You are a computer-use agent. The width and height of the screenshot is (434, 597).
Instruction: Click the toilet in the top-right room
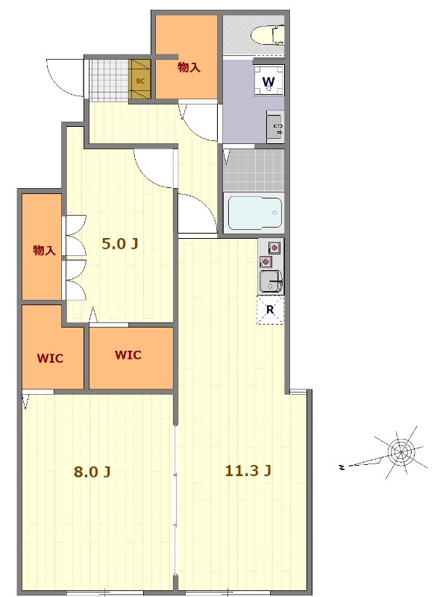coord(268,35)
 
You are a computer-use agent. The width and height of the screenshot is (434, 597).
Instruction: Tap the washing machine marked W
coord(269,81)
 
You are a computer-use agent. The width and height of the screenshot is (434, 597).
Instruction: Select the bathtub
coord(254,213)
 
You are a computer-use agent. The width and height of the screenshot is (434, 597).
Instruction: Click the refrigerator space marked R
coord(270,310)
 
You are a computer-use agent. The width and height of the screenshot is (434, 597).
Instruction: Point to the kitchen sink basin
coord(270,281)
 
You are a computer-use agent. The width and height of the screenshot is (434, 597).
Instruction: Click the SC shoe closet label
coord(140,81)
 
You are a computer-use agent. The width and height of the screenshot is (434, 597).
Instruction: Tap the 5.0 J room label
coord(119,244)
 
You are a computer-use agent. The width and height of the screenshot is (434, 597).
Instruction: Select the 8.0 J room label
coord(92,472)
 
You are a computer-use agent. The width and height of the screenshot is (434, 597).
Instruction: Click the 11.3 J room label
coord(248,471)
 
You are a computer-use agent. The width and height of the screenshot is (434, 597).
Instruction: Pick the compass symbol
coord(400,453)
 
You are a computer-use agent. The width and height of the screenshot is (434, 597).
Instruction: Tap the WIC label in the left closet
coord(50,359)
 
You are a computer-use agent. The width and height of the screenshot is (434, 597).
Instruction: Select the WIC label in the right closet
coord(128,355)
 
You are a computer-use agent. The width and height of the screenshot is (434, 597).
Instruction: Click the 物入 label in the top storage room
coord(189,68)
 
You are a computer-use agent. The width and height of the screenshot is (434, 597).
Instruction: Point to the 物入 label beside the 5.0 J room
coord(44,251)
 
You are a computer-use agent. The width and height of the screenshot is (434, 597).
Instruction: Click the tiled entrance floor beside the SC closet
coord(109,80)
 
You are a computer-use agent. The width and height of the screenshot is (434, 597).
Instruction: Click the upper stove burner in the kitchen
coord(274,248)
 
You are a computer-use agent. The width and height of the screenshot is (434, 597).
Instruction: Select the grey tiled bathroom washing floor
coord(254,170)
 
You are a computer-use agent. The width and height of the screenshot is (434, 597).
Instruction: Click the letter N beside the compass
coord(342,467)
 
